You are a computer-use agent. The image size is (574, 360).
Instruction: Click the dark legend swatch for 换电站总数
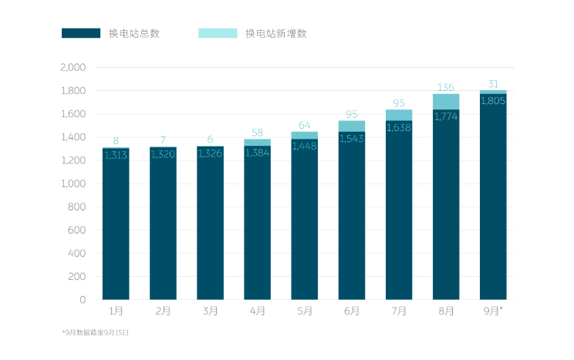pyautogui.click(x=81, y=33)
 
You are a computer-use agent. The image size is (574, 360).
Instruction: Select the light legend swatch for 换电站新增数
pyautogui.click(x=218, y=33)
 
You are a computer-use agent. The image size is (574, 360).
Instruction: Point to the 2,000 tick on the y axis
pyautogui.click(x=73, y=68)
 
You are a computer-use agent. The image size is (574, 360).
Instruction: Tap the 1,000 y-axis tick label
pyautogui.click(x=73, y=183)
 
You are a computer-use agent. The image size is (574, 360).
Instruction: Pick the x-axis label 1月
pyautogui.click(x=116, y=311)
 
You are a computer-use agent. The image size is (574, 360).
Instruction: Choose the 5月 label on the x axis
pyautogui.click(x=304, y=311)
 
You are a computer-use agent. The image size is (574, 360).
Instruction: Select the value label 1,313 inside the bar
pyautogui.click(x=116, y=155)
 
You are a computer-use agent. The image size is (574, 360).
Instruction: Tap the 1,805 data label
pyautogui.click(x=493, y=100)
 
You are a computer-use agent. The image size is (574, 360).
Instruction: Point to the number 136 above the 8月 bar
pyautogui.click(x=446, y=87)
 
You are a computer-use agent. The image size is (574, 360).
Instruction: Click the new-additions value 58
pyautogui.click(x=257, y=133)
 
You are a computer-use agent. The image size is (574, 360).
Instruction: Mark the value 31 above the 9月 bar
pyautogui.click(x=493, y=84)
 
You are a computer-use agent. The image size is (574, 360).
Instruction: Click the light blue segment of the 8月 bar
pyautogui.click(x=446, y=100)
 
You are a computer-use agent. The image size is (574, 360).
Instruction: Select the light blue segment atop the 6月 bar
pyautogui.click(x=351, y=126)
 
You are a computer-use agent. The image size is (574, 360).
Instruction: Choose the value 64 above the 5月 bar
pyautogui.click(x=304, y=125)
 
